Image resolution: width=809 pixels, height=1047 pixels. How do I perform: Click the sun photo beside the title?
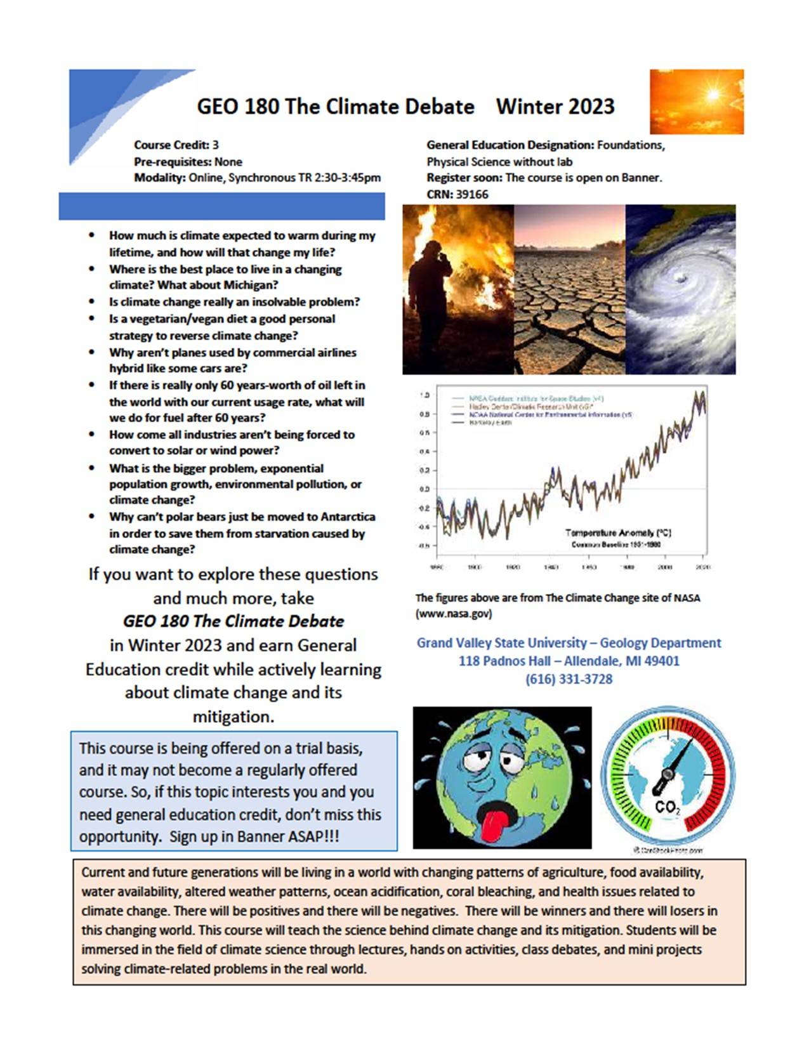pos(696,102)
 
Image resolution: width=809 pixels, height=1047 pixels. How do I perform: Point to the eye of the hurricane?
pos(680,279)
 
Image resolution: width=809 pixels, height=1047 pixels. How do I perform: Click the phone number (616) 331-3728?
pos(569,679)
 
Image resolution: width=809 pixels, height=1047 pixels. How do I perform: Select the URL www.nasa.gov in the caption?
pos(453,614)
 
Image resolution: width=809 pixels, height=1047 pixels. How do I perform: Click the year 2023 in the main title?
pos(590,106)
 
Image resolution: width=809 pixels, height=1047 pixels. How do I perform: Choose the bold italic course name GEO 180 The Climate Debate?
pos(233,621)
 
